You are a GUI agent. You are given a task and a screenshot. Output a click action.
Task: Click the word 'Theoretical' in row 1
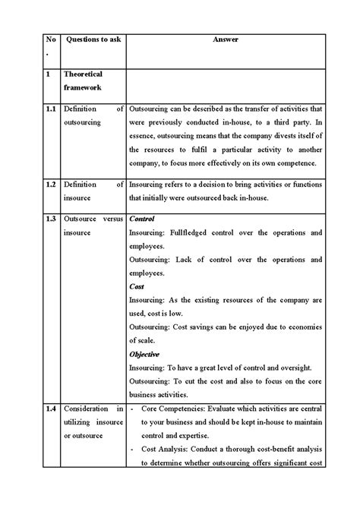click(84, 74)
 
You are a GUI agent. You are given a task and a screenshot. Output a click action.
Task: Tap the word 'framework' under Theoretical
click(83, 88)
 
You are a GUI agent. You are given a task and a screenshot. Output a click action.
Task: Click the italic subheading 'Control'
click(143, 219)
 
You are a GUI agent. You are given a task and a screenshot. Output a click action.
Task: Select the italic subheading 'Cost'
click(137, 286)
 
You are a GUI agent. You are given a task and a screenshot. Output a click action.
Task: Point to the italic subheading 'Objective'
click(144, 354)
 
